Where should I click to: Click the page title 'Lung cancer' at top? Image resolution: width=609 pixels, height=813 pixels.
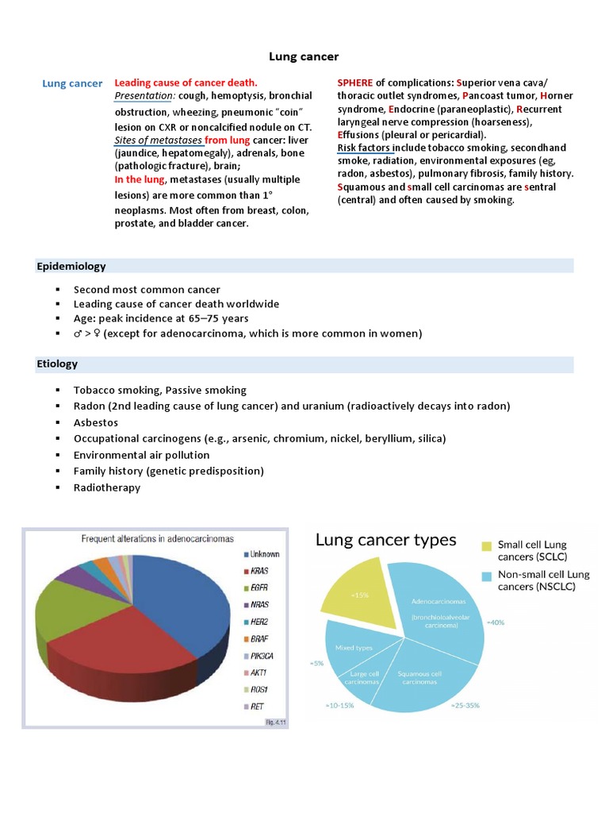(x=304, y=56)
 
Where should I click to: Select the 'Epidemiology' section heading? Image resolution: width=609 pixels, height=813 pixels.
(x=71, y=266)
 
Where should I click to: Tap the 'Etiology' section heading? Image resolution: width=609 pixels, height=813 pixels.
(x=57, y=364)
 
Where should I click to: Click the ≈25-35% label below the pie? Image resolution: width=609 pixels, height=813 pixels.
(x=464, y=704)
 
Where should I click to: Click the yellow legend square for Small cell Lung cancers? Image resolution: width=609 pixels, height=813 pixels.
(x=485, y=546)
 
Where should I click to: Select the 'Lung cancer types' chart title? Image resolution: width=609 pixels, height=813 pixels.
(x=386, y=541)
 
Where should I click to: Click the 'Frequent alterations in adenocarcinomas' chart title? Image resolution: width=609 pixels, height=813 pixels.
(x=158, y=538)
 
